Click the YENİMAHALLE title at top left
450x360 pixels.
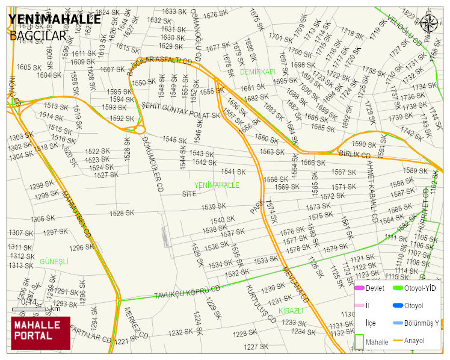[x=54, y=19]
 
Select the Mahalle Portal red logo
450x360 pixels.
[x=40, y=333]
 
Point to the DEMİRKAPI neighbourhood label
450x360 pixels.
[x=257, y=72]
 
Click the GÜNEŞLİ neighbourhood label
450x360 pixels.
[x=54, y=262]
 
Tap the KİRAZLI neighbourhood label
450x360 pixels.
[x=291, y=311]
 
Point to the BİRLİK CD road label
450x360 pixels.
[x=355, y=155]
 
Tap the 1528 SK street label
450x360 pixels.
[x=121, y=213]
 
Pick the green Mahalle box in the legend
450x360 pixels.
[x=359, y=341]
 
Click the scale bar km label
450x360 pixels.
[x=55, y=309]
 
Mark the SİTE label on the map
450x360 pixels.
[x=190, y=194]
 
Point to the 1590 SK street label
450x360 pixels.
[x=363, y=144]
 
